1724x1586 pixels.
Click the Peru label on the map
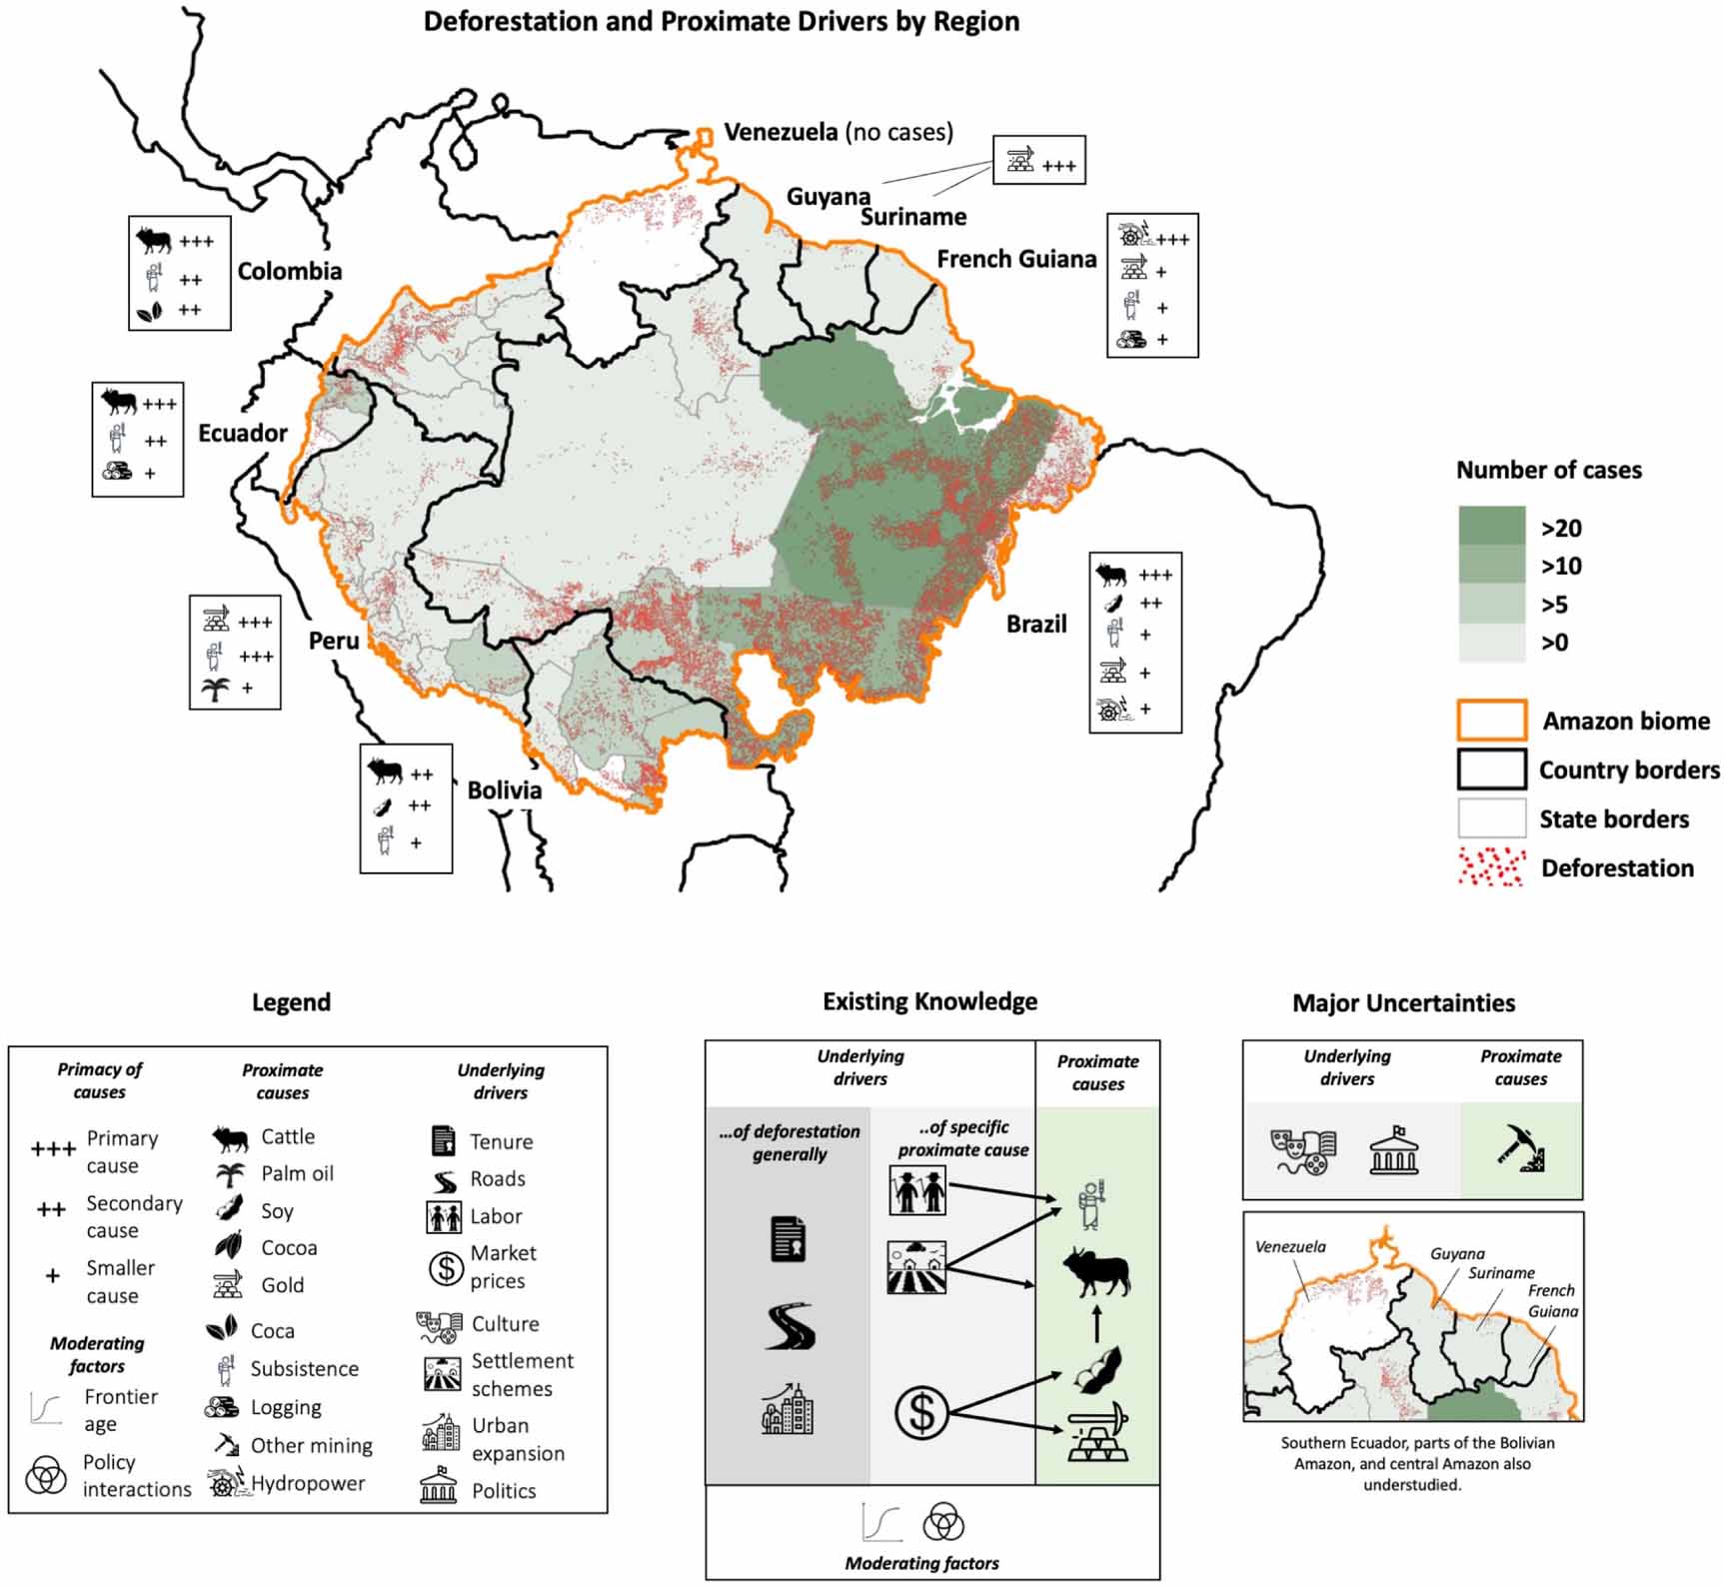point(334,641)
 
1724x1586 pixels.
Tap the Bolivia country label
point(504,791)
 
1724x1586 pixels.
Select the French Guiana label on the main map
point(1016,260)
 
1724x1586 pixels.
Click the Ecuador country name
point(242,433)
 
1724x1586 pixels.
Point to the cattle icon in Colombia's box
point(154,241)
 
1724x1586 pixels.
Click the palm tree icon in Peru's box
point(215,689)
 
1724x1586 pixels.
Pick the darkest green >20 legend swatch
point(1491,526)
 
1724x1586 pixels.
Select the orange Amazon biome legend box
point(1491,720)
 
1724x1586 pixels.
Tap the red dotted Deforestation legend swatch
point(1491,867)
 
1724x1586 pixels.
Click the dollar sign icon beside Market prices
point(445,1267)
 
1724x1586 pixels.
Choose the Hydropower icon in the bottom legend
point(226,1483)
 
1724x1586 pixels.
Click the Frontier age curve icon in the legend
point(46,1409)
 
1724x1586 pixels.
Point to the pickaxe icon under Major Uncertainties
point(1521,1149)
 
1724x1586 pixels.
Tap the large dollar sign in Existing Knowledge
point(920,1413)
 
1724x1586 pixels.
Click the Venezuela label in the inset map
point(1290,1247)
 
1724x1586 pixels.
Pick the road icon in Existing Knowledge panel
point(790,1327)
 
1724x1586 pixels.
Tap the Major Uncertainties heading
point(1403,1003)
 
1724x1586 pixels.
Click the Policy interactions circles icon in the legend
point(46,1475)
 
